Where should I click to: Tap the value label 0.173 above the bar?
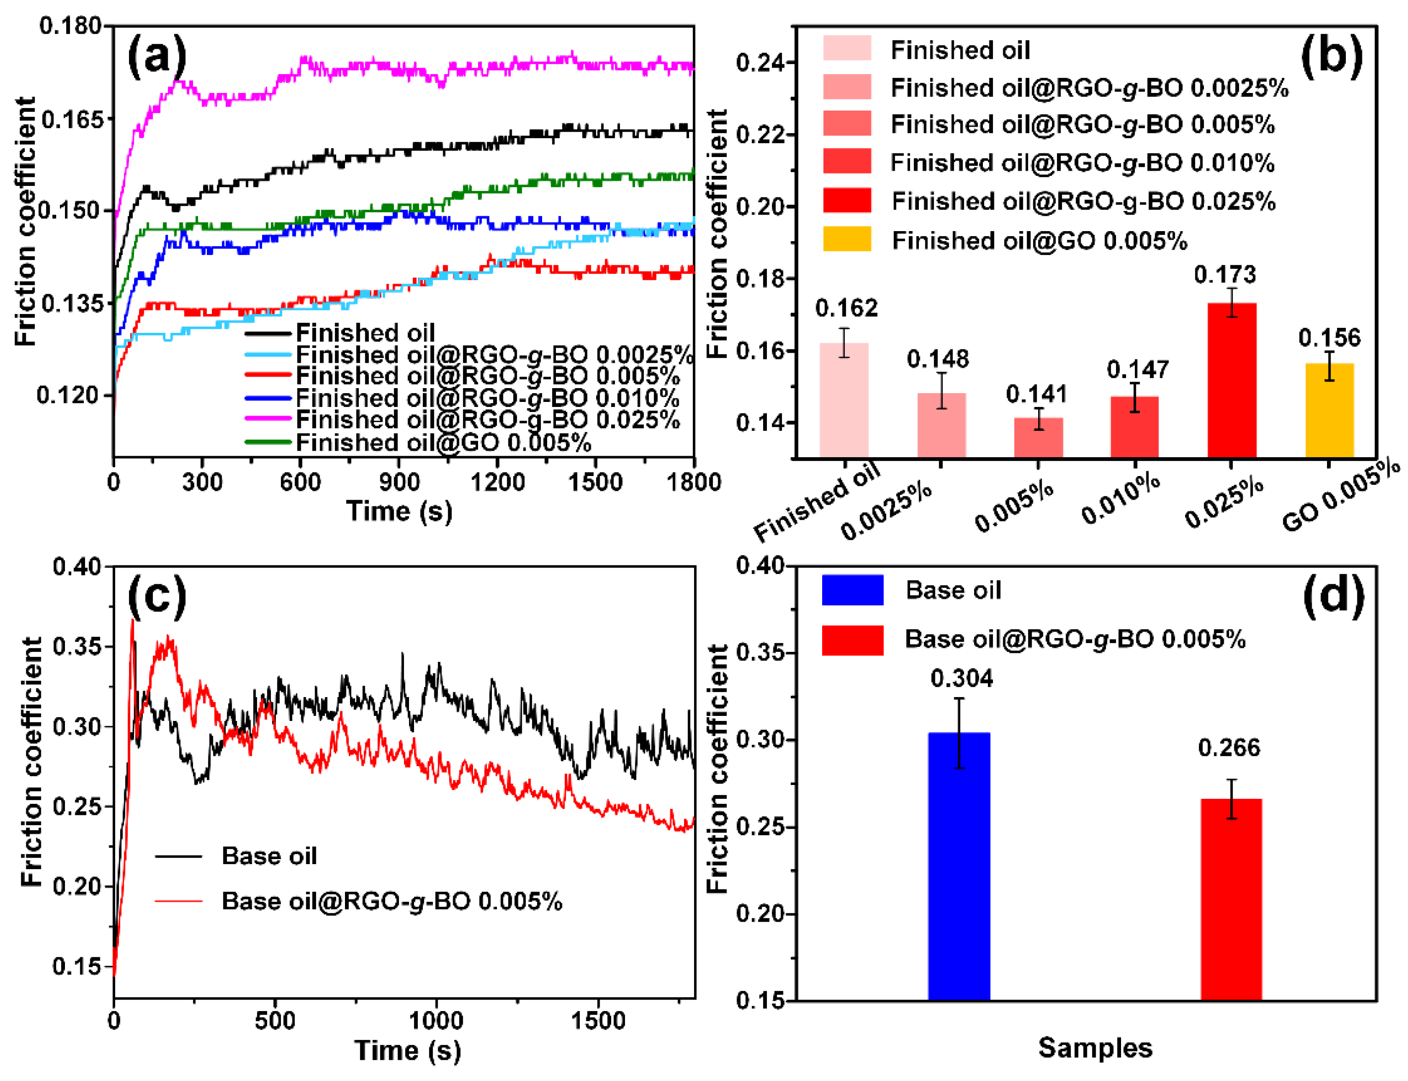pos(1225,275)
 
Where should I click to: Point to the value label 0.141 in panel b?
pos(1036,394)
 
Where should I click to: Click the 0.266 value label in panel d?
pos(1228,748)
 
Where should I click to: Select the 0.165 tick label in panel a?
pos(71,120)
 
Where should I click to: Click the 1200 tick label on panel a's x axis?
pos(497,482)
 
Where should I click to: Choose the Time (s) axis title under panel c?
pos(408,1051)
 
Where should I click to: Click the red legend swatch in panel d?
pos(852,640)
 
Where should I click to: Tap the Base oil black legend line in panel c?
pos(178,856)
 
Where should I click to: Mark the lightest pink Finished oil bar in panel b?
pos(843,400)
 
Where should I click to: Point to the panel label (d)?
pos(1332,595)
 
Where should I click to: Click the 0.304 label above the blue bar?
pos(961,678)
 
